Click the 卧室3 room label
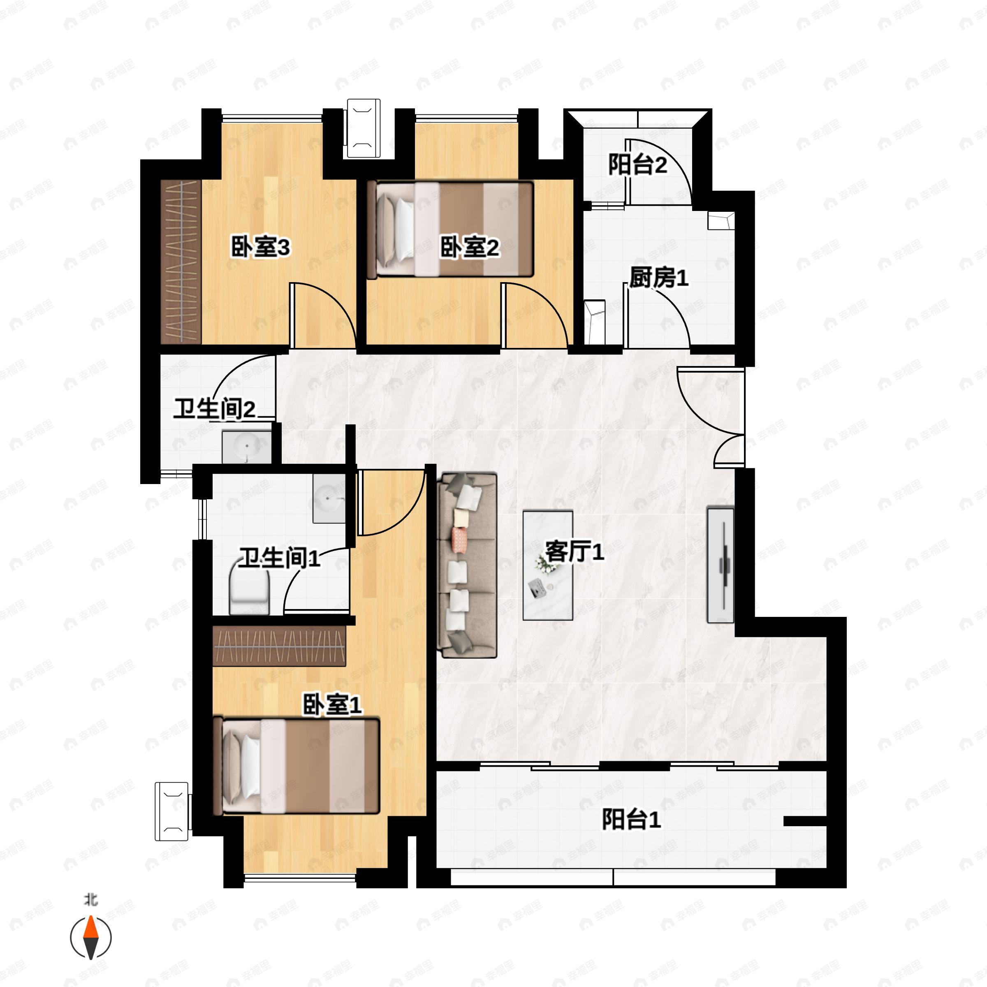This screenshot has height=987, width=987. tap(261, 248)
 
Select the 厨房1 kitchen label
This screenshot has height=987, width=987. tap(658, 278)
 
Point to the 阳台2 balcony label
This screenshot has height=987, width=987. tap(637, 165)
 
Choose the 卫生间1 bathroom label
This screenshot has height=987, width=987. tap(280, 558)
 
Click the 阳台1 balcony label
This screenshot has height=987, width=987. tap(631, 820)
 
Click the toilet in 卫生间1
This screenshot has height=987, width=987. tap(249, 593)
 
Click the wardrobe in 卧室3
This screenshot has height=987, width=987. tap(181, 262)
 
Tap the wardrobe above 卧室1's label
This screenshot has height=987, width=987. tap(279, 646)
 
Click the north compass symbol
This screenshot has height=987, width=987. tap(90, 938)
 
